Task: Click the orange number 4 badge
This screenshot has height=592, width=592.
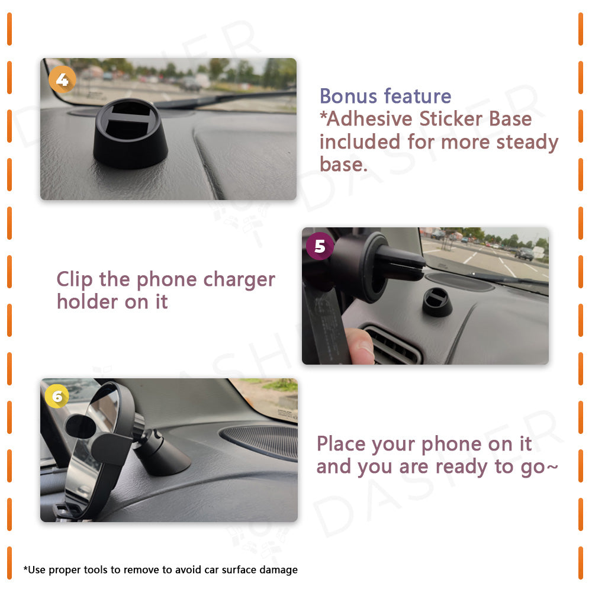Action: (x=62, y=79)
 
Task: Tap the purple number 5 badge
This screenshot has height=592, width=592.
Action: (x=320, y=246)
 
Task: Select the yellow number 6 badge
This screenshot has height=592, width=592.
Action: (x=57, y=396)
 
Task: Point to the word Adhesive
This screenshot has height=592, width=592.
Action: (x=369, y=119)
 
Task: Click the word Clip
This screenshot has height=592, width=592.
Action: (x=75, y=280)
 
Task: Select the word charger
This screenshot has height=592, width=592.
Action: (x=239, y=281)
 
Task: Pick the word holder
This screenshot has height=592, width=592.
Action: (x=87, y=302)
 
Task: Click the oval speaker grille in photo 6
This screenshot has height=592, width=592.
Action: (x=260, y=441)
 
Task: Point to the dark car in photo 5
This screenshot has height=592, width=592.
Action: (x=524, y=253)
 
